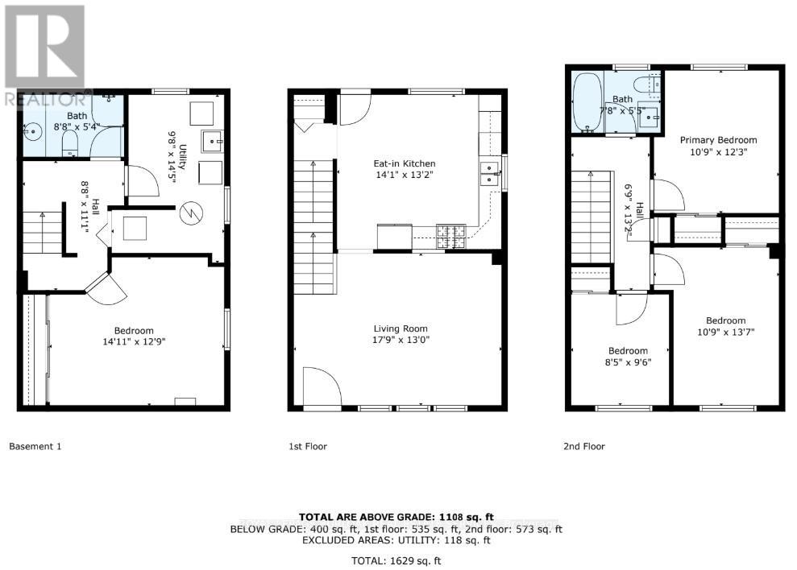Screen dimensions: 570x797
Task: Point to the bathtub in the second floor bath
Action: click(x=586, y=103)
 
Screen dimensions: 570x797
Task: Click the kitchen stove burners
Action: click(x=451, y=234)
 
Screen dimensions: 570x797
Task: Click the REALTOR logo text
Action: click(x=45, y=100)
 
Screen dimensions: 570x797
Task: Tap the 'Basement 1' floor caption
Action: click(x=35, y=446)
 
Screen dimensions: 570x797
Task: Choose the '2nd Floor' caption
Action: click(x=583, y=446)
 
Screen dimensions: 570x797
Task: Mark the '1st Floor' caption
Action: click(x=308, y=446)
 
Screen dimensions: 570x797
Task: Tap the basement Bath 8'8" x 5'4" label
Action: click(x=77, y=121)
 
